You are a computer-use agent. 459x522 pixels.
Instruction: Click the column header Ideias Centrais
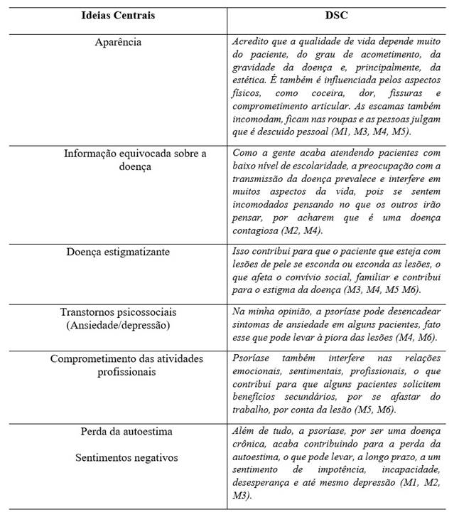(118, 15)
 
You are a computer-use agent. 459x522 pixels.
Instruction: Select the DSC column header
(337, 15)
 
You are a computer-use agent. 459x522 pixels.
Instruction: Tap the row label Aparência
(118, 42)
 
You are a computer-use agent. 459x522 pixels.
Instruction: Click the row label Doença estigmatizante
(118, 252)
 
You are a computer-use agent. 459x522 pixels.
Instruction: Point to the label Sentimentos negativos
(118, 457)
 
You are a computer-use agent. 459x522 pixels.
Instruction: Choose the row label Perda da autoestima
(118, 432)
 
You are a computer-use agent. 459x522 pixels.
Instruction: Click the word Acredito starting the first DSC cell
(251, 42)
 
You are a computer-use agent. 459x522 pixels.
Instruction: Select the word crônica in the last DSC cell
(250, 444)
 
